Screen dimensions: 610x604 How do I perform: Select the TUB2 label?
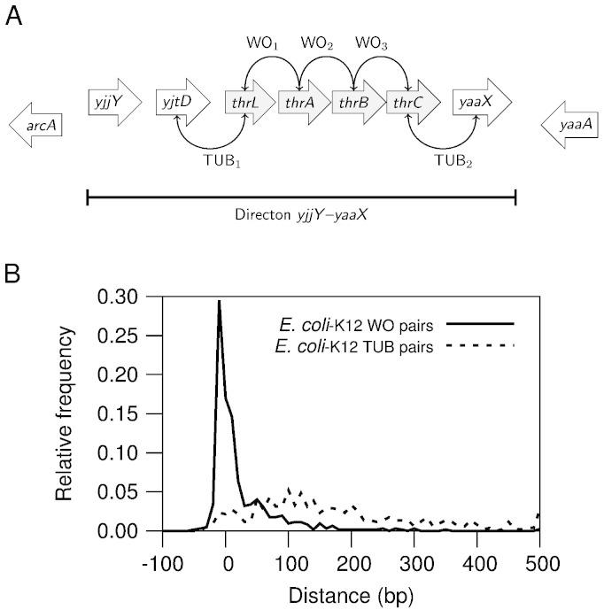tap(450, 163)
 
